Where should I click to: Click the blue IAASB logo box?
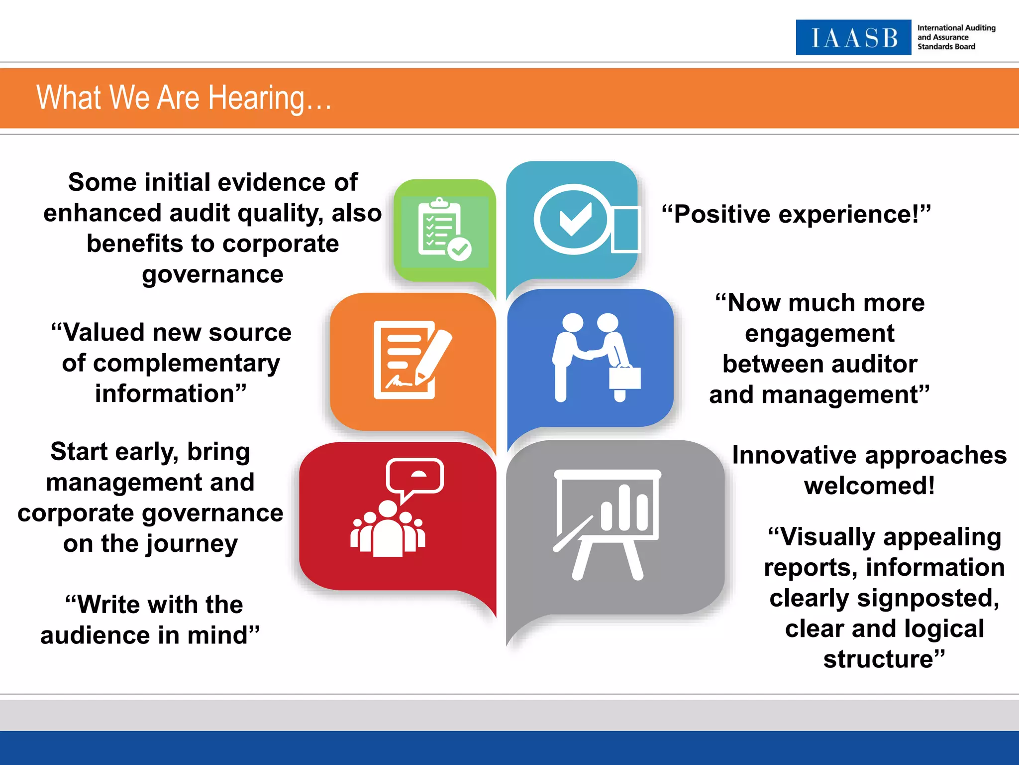(x=853, y=37)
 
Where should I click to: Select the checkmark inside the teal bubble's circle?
(x=575, y=219)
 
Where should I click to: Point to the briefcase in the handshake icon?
(x=625, y=377)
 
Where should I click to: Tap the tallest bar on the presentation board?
(x=624, y=508)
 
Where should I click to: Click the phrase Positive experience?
(x=796, y=214)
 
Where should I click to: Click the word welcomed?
(x=870, y=486)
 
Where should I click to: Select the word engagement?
(x=819, y=334)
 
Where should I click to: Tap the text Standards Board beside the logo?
(x=946, y=47)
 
